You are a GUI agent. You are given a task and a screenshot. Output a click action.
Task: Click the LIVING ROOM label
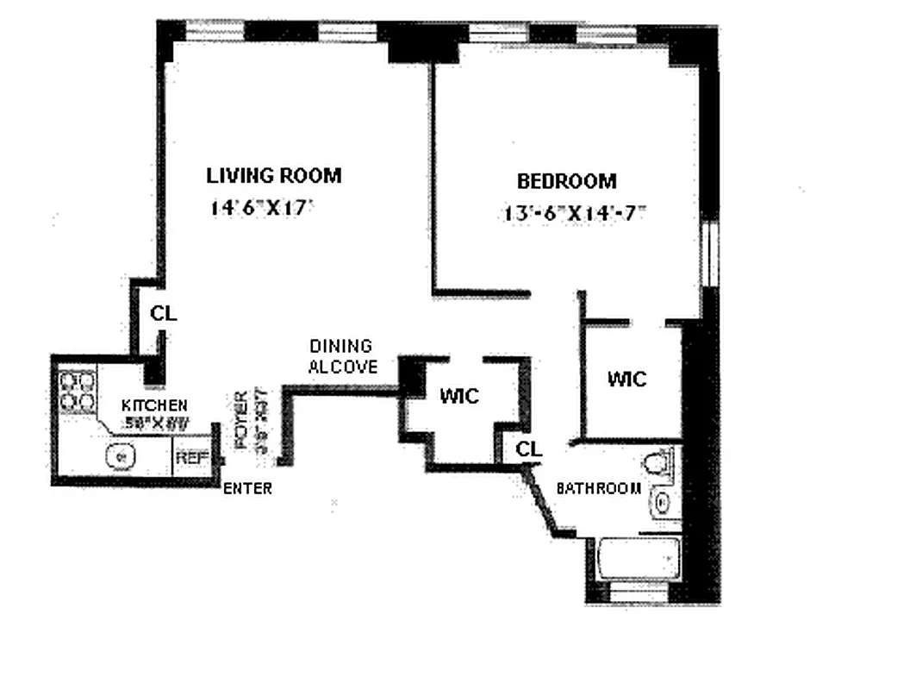click(x=273, y=176)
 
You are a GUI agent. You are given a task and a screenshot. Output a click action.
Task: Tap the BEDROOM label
click(x=566, y=181)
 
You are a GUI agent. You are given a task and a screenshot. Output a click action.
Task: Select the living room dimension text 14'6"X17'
click(x=259, y=208)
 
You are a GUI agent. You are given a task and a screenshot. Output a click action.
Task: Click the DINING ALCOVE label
click(x=342, y=356)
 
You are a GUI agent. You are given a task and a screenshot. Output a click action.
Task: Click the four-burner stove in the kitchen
click(x=78, y=390)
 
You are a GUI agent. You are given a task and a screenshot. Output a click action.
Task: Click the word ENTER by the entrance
click(x=247, y=489)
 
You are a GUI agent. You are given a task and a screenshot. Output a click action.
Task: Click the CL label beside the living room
click(x=163, y=314)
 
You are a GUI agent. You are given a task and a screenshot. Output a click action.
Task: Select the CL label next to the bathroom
click(x=529, y=449)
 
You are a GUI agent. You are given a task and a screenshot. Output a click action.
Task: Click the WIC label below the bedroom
click(x=626, y=379)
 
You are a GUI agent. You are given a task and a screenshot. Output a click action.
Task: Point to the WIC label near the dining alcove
click(x=459, y=396)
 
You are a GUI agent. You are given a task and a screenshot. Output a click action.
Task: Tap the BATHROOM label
click(x=599, y=488)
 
